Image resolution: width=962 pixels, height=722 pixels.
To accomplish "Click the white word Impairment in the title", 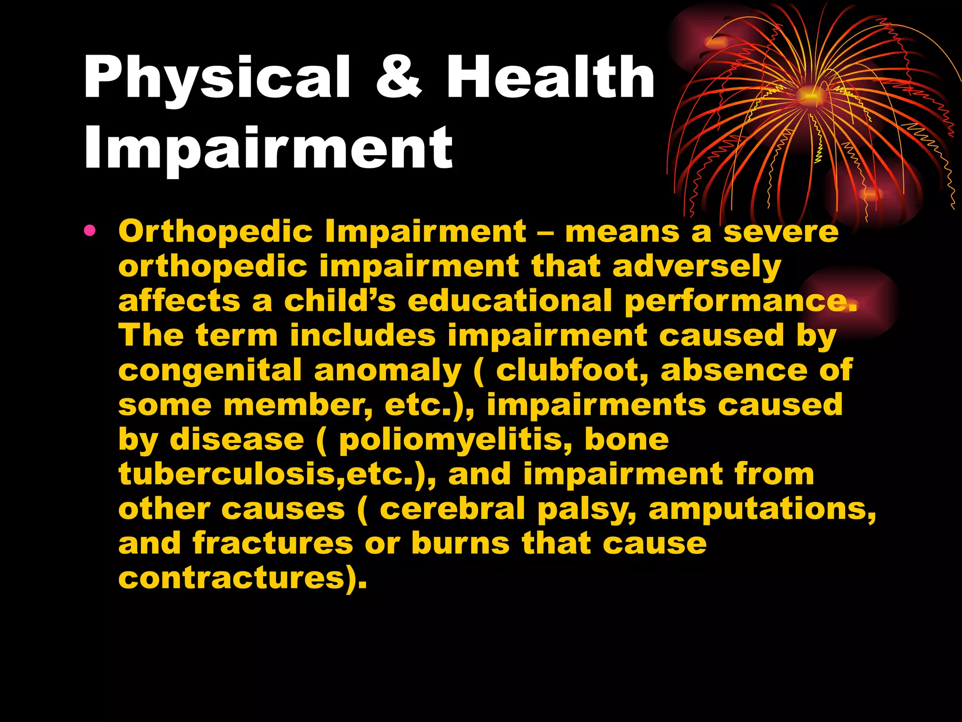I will click(268, 148).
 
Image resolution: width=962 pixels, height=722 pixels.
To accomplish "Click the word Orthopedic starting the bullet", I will click(216, 232).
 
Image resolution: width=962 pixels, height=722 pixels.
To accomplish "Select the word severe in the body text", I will click(781, 232).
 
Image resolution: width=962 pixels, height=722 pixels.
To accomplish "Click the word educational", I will click(510, 301).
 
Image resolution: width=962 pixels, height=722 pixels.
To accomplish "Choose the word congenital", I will click(210, 370).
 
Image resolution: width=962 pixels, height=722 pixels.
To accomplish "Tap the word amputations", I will click(761, 509).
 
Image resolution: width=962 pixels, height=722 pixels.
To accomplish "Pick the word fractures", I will click(272, 543).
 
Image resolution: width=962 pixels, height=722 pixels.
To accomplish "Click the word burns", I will click(460, 543).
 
